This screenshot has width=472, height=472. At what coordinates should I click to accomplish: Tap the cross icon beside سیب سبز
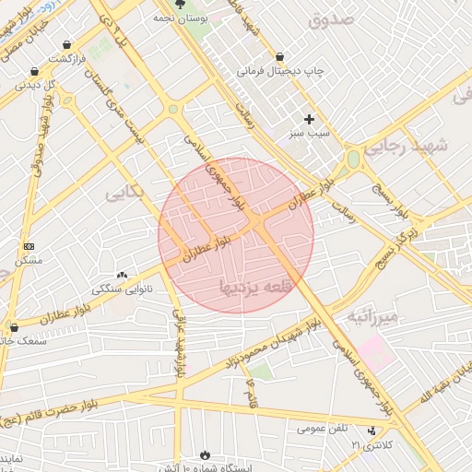(309, 119)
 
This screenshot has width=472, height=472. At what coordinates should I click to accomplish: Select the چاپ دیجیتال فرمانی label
(277, 71)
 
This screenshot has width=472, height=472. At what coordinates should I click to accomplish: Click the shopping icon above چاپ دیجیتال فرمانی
(278, 56)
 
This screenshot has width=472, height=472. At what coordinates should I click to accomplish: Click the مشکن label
(30, 261)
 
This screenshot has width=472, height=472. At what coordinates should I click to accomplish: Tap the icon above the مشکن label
(29, 246)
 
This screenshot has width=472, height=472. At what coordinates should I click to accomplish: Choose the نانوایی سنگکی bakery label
(123, 289)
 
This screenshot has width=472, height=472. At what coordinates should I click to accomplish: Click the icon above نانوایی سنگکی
(122, 275)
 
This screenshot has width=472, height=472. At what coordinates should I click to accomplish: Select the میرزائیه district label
(372, 317)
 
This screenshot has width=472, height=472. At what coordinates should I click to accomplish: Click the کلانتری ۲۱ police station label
(371, 445)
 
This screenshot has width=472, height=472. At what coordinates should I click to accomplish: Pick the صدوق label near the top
(333, 18)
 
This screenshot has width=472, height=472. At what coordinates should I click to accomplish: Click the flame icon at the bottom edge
(204, 455)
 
